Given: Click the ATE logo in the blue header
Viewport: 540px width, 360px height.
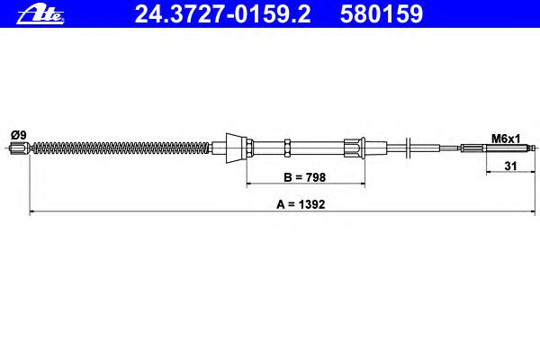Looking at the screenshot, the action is click(40, 14).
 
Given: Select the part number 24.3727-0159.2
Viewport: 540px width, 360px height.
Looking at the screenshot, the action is click(222, 14).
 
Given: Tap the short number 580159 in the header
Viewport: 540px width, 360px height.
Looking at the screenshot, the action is click(382, 14).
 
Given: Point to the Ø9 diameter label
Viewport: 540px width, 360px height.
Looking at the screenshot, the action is click(19, 135).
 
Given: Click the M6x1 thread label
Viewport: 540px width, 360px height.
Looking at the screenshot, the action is click(506, 139).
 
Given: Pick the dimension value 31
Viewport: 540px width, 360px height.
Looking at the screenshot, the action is click(510, 166).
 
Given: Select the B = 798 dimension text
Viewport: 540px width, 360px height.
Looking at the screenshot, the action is click(305, 177).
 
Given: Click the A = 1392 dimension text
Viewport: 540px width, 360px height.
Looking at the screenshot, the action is click(301, 204).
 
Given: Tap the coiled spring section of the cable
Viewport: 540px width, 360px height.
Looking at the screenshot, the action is click(121, 148).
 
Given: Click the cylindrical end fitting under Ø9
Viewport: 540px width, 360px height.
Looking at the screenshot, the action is click(19, 148).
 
